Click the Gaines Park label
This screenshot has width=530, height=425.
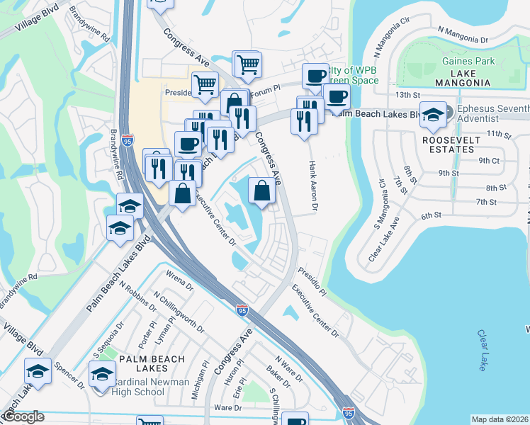[x=468, y=62]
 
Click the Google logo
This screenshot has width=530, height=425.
[x=23, y=417]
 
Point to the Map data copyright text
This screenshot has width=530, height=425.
[x=499, y=419]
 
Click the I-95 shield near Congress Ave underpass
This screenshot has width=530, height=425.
[x=242, y=309]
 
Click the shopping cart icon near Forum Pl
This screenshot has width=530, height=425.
[x=247, y=65]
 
